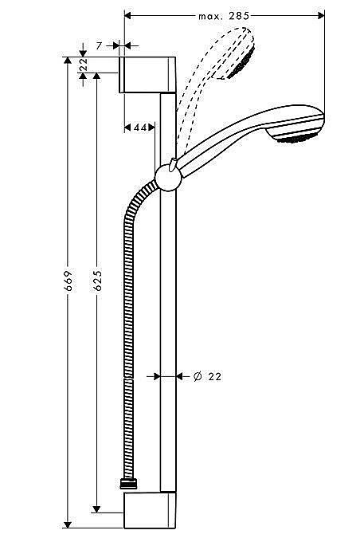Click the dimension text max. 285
tap(225, 15)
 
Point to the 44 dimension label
tap(139, 128)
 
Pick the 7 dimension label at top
tap(99, 46)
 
